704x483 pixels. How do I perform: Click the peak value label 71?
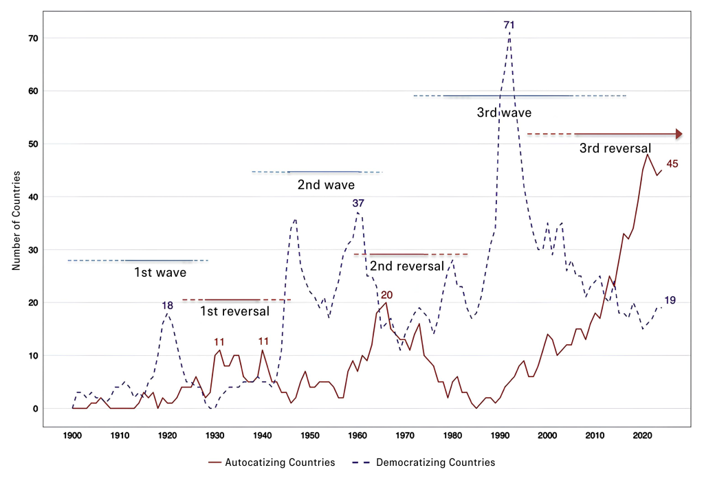coord(509,25)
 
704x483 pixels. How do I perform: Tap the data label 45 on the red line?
coord(673,164)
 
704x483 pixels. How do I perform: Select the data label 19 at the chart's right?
coord(671,300)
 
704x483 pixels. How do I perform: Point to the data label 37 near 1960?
coord(358,203)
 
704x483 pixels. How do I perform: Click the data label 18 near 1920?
coord(167,305)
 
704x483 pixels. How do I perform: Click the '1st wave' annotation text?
coord(160,272)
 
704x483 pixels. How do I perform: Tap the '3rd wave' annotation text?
coord(504,112)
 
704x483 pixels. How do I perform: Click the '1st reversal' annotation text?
coord(234,311)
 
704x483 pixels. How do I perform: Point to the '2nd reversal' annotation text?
coord(406,267)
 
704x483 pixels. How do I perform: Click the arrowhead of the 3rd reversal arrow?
coord(679,134)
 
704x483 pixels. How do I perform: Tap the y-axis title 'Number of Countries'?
coord(16,219)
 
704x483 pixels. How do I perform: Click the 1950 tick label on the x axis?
coord(310,435)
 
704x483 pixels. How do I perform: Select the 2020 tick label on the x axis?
coord(642,435)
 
